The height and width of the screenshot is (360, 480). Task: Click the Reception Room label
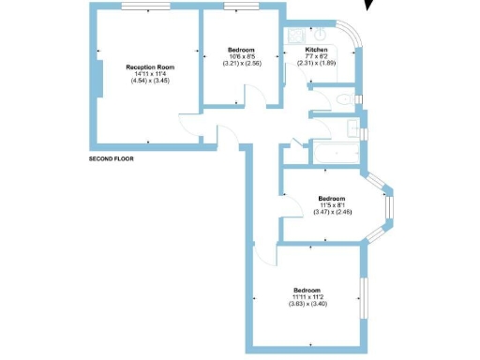[x=150, y=67]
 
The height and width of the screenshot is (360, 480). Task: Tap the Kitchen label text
[x=316, y=50]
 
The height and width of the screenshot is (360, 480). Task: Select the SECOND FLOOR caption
[x=112, y=159]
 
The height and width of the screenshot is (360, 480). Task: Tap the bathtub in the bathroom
[x=332, y=149]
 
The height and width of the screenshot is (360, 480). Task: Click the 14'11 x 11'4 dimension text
[x=150, y=75]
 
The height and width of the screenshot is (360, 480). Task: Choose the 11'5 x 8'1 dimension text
[x=331, y=205]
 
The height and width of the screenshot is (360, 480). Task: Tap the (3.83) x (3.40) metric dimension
[x=307, y=304]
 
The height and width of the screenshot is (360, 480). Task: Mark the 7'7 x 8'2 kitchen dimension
[x=316, y=57]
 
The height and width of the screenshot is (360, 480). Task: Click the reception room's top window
[x=146, y=7]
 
